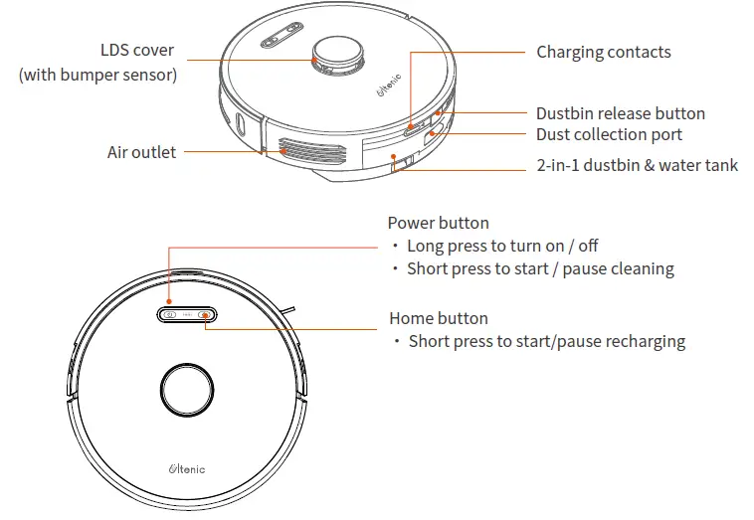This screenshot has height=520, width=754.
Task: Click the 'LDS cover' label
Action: pos(136,50)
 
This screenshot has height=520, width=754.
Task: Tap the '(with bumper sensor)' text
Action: pos(97,75)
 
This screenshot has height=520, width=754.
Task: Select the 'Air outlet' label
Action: pos(141,152)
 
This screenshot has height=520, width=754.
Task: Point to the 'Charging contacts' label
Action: pos(603,52)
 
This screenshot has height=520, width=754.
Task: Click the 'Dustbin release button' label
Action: pos(620,113)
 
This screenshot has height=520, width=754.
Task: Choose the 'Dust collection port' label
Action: pos(609,134)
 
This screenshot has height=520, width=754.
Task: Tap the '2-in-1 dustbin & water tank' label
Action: pos(637,165)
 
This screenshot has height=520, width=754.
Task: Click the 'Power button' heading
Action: pos(438,223)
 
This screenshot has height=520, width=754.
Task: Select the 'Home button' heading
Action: pos(438,318)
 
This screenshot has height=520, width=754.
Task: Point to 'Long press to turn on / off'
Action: pos(502,246)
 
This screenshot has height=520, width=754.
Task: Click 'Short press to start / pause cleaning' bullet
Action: pos(540,268)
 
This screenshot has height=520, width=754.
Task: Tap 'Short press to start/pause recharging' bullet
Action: pos(547,341)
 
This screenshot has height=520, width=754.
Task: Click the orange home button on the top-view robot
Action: pos(204,315)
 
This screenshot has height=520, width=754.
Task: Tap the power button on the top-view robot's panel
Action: pos(170,315)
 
